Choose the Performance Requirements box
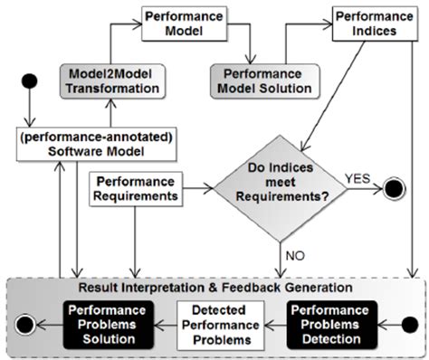point(134,191)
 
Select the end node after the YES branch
point(396,191)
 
